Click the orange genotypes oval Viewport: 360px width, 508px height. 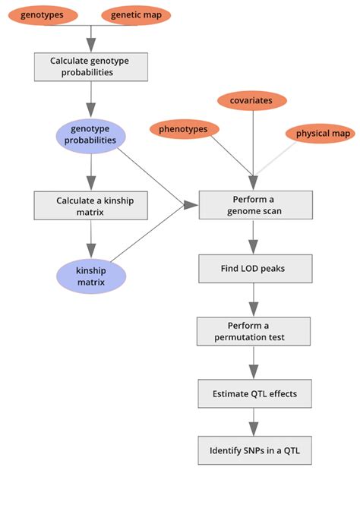[x=42, y=14]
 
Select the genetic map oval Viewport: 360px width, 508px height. [x=141, y=14]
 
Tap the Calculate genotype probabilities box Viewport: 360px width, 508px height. [x=90, y=66]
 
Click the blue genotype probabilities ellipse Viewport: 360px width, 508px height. [x=90, y=135]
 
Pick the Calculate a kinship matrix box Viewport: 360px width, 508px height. [x=90, y=206]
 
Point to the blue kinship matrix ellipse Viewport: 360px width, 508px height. [x=90, y=276]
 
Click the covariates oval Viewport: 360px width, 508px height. [x=251, y=99]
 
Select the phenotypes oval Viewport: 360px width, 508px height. [x=183, y=130]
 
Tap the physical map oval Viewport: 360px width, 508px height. [x=323, y=134]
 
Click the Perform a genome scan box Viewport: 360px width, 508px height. [x=255, y=205]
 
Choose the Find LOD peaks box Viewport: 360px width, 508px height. [x=255, y=268]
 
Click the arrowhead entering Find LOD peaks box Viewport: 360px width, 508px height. [x=255, y=247]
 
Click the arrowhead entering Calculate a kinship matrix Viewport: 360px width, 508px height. [x=91, y=182]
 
